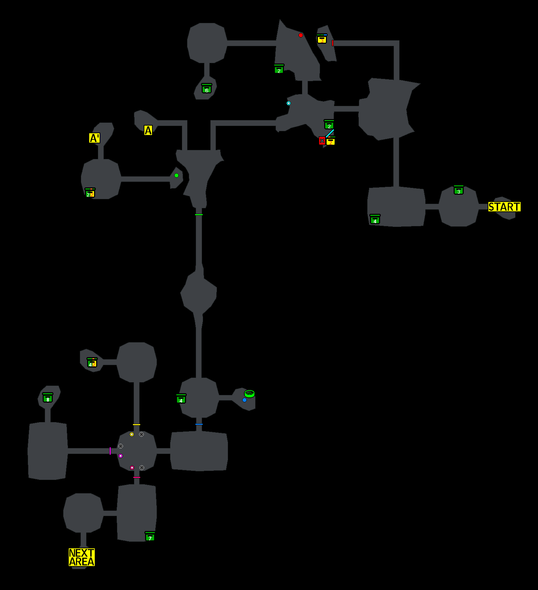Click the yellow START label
tap(504, 207)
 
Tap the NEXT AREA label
tap(82, 557)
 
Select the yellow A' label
tap(94, 138)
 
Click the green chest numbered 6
tap(207, 89)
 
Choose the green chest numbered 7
tap(150, 537)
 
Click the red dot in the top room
tap(301, 35)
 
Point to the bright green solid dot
tap(176, 175)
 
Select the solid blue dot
tap(244, 400)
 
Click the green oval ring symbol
tap(250, 394)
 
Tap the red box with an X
tap(322, 141)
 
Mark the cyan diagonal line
tap(329, 133)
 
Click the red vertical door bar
tap(333, 43)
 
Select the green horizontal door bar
tap(199, 214)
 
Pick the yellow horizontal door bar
tap(136, 424)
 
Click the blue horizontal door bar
tap(199, 424)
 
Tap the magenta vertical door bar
tap(110, 451)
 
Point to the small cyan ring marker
tap(288, 103)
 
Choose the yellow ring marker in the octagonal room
tap(132, 434)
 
